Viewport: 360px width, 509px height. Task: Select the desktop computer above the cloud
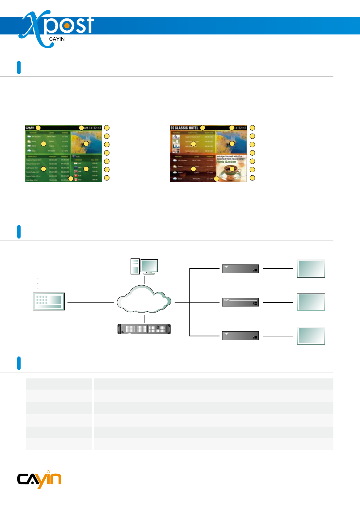pyautogui.click(x=144, y=266)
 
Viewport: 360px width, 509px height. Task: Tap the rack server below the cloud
pyautogui.click(x=144, y=329)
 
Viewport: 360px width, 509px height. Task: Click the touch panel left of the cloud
pyautogui.click(x=49, y=301)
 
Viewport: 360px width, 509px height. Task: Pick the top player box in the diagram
pyautogui.click(x=240, y=268)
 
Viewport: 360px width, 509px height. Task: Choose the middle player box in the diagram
pyautogui.click(x=240, y=302)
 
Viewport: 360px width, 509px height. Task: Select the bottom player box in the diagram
pyautogui.click(x=240, y=336)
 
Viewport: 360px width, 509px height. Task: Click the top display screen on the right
pyautogui.click(x=311, y=268)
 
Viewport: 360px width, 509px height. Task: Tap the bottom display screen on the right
pyautogui.click(x=311, y=336)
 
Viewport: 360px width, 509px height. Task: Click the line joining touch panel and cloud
pyautogui.click(x=90, y=302)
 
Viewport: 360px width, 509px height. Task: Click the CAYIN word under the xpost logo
pyautogui.click(x=57, y=39)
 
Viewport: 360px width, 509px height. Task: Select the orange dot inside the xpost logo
pyautogui.click(x=67, y=26)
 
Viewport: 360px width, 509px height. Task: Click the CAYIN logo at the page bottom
pyautogui.click(x=39, y=479)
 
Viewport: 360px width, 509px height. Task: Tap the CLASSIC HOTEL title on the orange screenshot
pyautogui.click(x=186, y=128)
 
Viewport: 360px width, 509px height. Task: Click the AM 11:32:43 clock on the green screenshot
pyautogui.click(x=92, y=128)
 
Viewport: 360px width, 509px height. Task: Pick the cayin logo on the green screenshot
pyautogui.click(x=30, y=128)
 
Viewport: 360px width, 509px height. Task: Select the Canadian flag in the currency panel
pyautogui.click(x=76, y=180)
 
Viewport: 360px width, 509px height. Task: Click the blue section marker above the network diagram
pyautogui.click(x=19, y=232)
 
